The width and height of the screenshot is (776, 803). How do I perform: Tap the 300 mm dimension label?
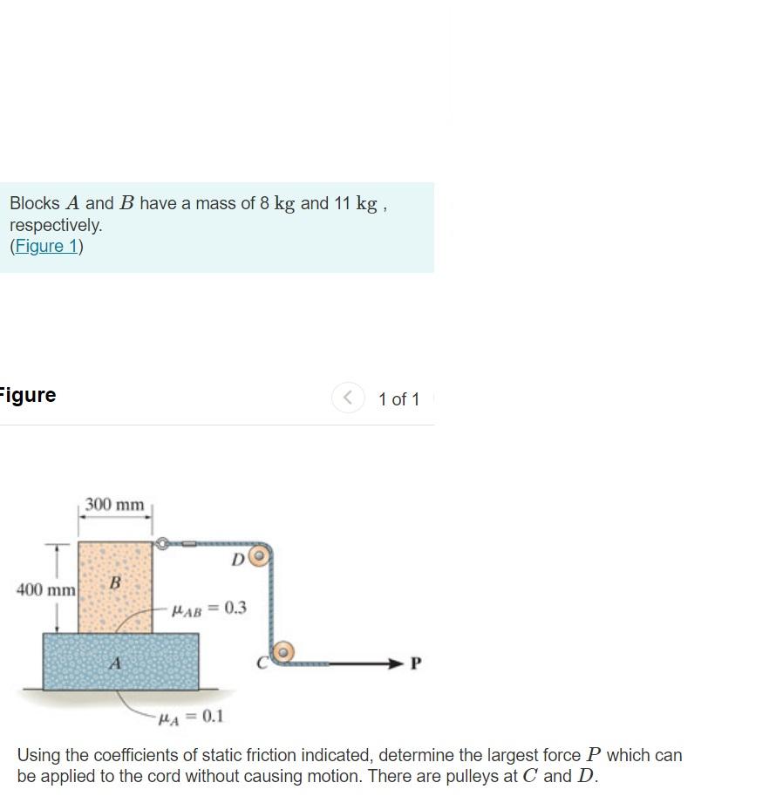[x=115, y=505]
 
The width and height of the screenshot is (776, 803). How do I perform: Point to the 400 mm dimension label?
[x=46, y=590]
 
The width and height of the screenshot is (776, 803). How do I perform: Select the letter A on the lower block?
[x=114, y=663]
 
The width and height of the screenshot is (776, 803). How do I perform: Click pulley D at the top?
[x=260, y=555]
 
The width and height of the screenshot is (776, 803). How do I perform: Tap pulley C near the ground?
[x=282, y=651]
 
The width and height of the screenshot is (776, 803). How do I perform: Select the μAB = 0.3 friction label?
[x=208, y=608]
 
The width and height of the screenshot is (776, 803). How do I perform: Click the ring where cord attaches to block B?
[x=161, y=544]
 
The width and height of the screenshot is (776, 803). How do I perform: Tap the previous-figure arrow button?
[x=348, y=398]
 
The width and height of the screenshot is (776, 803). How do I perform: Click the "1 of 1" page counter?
[x=398, y=399]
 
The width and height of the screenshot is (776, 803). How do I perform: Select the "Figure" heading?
[x=28, y=395]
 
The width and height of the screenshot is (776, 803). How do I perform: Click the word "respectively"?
[x=56, y=225]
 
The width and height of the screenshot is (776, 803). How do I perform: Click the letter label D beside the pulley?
[x=237, y=559]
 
